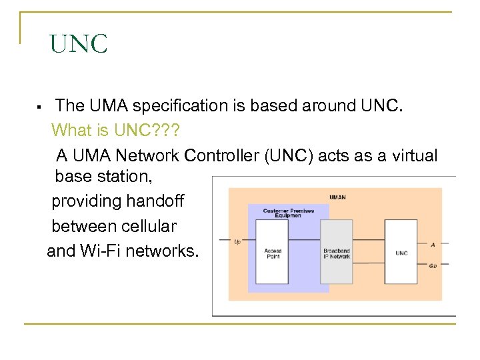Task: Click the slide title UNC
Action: pos(78,45)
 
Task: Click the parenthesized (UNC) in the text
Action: pos(289,155)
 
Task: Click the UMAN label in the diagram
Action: pos(337,197)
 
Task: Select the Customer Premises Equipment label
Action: pos(288,213)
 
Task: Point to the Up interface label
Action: pos(237,241)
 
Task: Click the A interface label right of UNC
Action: pos(433,245)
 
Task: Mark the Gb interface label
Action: pos(433,265)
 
